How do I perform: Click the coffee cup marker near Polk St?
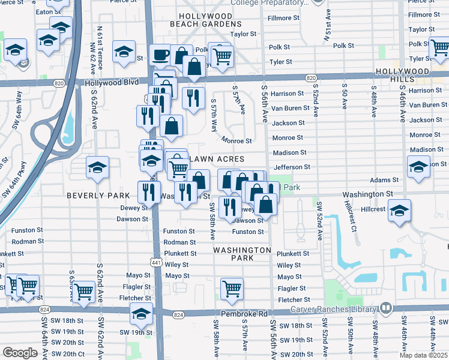click(x=160, y=56)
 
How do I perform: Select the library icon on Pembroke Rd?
click(x=385, y=308)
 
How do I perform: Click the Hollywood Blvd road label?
click(x=112, y=83)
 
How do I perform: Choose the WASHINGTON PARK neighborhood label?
click(x=242, y=254)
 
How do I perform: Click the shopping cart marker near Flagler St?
click(x=232, y=289)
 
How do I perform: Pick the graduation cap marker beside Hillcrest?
click(x=399, y=211)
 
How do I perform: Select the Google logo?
click(x=20, y=353)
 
